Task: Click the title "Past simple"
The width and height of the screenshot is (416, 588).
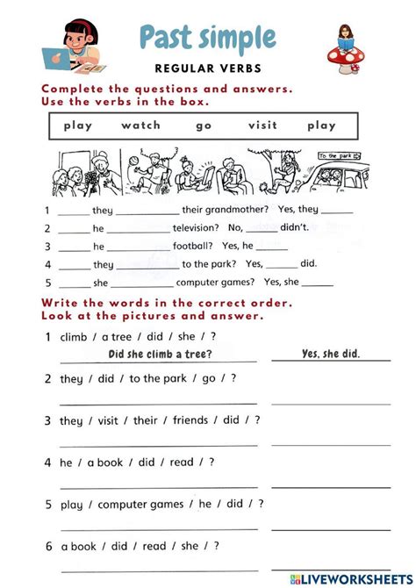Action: click(207, 38)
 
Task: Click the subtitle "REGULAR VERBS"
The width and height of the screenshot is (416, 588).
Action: click(207, 68)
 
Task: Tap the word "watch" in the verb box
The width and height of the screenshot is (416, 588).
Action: click(140, 125)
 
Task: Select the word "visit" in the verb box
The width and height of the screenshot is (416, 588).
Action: click(262, 125)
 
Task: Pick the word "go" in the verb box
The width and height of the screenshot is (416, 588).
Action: click(204, 125)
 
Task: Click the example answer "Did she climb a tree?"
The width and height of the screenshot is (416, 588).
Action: click(159, 354)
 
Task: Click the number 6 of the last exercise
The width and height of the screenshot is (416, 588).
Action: click(48, 546)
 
